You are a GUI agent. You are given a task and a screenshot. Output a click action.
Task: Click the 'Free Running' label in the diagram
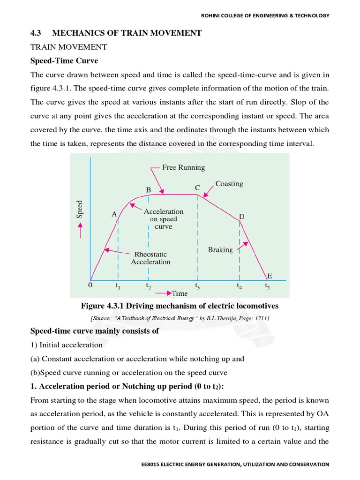point(183,167)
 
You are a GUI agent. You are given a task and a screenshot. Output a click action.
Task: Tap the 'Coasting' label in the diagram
point(229,184)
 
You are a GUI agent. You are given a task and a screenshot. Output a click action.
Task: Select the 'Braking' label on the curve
point(220,250)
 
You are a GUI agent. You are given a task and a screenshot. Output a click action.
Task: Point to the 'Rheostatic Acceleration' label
point(150,258)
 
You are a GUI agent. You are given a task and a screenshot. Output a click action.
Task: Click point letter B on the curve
point(148,190)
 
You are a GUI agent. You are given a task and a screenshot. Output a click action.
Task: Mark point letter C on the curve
point(197,187)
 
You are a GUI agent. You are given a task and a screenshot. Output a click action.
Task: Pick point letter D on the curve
point(242,217)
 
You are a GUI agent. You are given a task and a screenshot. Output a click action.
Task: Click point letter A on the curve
point(114,214)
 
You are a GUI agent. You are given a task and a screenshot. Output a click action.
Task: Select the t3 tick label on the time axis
point(197,285)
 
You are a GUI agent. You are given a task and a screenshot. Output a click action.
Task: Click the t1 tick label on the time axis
point(118,285)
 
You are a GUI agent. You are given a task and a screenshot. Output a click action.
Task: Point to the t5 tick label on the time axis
point(267,285)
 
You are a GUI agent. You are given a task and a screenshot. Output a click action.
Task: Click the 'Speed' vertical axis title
point(80,210)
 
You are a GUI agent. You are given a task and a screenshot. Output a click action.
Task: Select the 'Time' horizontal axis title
point(179,293)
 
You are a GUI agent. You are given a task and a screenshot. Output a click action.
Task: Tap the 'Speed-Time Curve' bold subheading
point(64,61)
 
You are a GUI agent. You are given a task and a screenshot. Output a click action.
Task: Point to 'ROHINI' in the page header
point(212,15)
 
